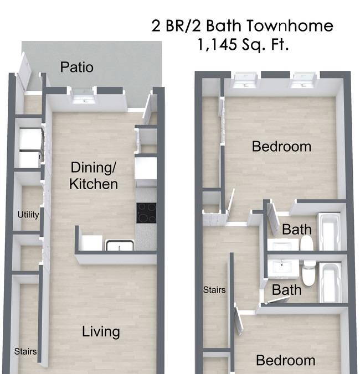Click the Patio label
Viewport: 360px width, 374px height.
coord(76,67)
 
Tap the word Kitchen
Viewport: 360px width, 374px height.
coord(94,184)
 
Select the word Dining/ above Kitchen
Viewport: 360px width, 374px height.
coord(94,168)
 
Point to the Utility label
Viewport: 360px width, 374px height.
coord(28,215)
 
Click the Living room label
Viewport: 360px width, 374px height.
coord(101,332)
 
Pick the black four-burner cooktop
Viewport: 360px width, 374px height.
coord(146,213)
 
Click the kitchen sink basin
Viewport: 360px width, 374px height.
coord(120,246)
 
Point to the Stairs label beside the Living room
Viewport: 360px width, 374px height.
coord(25,351)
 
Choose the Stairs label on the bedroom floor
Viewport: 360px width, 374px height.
coord(214,290)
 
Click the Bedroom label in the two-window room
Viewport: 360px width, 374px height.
coord(281,147)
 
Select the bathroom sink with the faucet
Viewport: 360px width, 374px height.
coord(282,268)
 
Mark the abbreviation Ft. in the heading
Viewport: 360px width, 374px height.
coord(280,44)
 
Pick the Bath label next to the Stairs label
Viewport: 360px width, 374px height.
coord(286,290)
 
